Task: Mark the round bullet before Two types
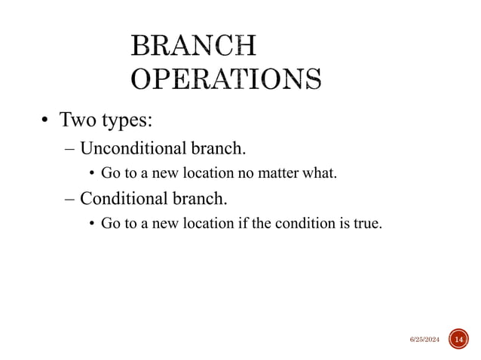pyautogui.click(x=45, y=122)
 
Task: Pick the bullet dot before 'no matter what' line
pyautogui.click(x=92, y=175)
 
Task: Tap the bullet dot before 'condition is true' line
pyautogui.click(x=92, y=224)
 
